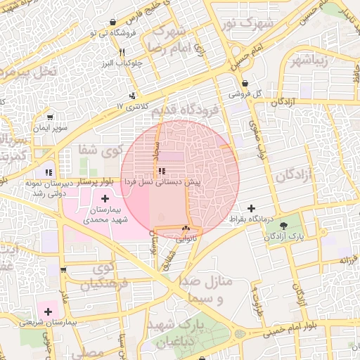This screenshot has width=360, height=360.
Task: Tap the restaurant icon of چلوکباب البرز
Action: pyautogui.click(x=122, y=52)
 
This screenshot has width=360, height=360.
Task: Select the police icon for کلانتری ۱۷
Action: pyautogui.click(x=131, y=96)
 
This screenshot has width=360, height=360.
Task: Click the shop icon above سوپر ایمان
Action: pyautogui.click(x=49, y=117)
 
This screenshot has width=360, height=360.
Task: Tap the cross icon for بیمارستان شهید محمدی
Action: pyautogui.click(x=105, y=199)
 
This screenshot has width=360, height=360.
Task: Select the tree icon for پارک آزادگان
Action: pyautogui.click(x=284, y=226)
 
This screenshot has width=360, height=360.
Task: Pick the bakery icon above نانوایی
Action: pyautogui.click(x=186, y=229)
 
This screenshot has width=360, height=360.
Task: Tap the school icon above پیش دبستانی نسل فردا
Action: pyautogui.click(x=162, y=171)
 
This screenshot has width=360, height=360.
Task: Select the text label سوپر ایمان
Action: pyautogui.click(x=51, y=129)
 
